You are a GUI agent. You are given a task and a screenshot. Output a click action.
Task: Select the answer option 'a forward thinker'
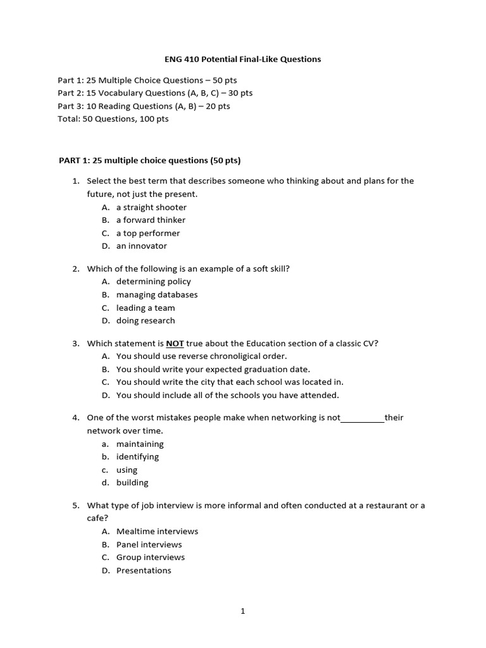point(151,220)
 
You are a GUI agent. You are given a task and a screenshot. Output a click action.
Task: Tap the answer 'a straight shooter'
point(151,207)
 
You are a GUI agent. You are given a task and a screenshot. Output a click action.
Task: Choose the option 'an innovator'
point(141,246)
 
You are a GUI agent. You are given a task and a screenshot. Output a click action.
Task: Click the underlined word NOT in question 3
point(175,344)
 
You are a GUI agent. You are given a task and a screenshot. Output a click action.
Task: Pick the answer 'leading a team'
point(146,308)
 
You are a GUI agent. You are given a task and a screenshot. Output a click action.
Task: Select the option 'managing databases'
point(156,295)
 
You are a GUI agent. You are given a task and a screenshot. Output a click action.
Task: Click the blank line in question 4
point(363,418)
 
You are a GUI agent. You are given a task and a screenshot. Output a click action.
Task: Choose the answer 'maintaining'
point(140,444)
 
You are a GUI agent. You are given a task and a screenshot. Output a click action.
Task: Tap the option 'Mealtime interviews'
point(157,532)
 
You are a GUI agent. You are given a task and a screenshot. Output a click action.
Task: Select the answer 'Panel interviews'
point(149,545)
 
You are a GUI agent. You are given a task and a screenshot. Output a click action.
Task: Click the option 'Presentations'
point(144,571)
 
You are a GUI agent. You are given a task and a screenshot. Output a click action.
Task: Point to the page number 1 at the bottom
point(242,611)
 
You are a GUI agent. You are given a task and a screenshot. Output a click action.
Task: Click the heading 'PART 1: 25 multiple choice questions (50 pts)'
point(150,159)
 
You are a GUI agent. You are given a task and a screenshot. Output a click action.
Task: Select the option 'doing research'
point(146,321)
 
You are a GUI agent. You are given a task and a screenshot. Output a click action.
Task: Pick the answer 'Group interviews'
point(151,558)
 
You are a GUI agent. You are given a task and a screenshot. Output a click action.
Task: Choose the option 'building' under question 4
point(132,483)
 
